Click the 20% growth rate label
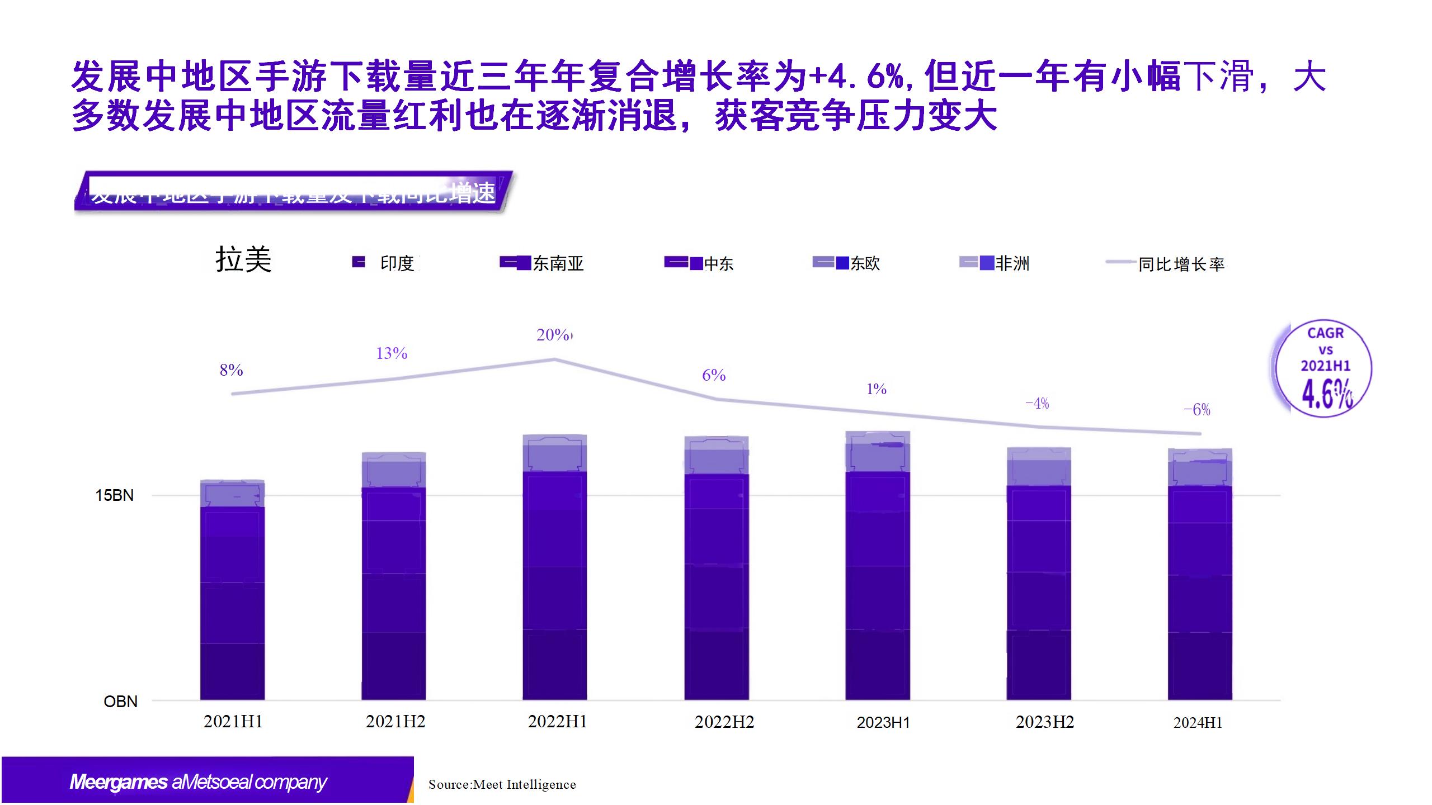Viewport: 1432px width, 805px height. coord(553,335)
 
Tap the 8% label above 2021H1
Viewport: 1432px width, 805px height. coord(231,370)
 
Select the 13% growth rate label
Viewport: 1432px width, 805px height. coord(392,353)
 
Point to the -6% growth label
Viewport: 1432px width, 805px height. coord(1197,410)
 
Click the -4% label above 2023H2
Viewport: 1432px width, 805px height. coord(1037,404)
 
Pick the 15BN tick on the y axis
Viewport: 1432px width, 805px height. coord(114,495)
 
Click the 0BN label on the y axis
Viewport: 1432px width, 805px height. coord(120,702)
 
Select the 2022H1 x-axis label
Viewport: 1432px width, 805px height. coord(557,722)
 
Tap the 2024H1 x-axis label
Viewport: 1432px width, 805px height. coord(1198,723)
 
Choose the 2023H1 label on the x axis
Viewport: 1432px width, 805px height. coord(883,722)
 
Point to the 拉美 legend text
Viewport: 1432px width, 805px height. coord(243,260)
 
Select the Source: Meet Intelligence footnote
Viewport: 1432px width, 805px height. coord(502,784)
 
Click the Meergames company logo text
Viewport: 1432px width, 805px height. coord(198,782)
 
